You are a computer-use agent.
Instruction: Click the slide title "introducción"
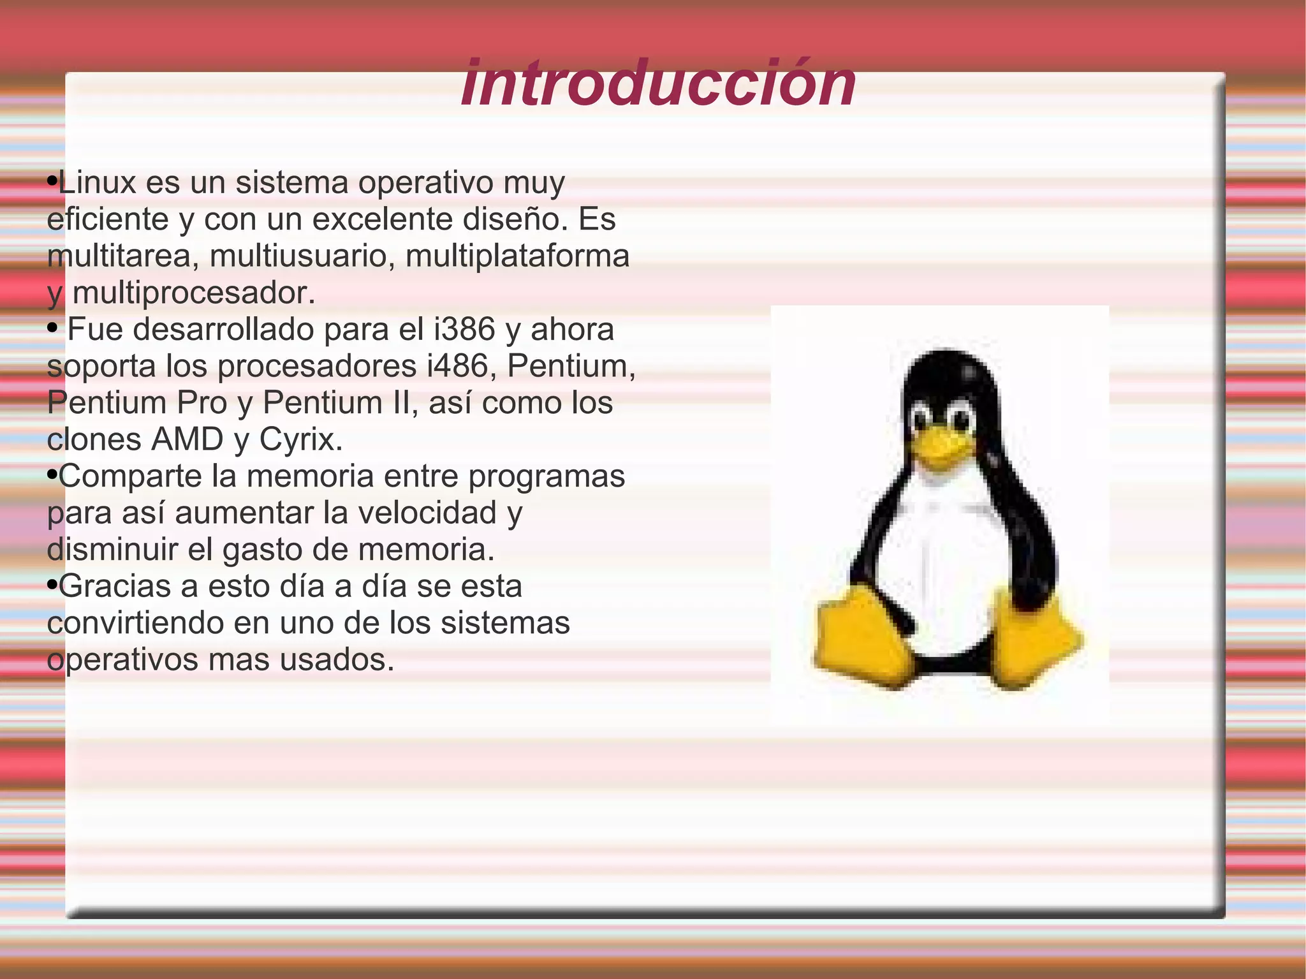click(x=658, y=84)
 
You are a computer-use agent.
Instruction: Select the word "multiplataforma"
click(x=517, y=256)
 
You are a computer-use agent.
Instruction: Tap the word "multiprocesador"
click(x=194, y=293)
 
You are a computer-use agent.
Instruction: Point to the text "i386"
click(x=464, y=330)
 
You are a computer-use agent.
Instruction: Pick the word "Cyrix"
click(x=300, y=440)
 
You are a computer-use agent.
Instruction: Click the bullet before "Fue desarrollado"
click(x=53, y=328)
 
